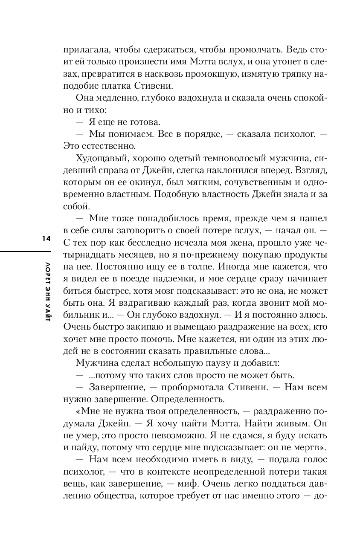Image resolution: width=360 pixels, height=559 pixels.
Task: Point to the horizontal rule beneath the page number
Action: pyautogui.click(x=26, y=251)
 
